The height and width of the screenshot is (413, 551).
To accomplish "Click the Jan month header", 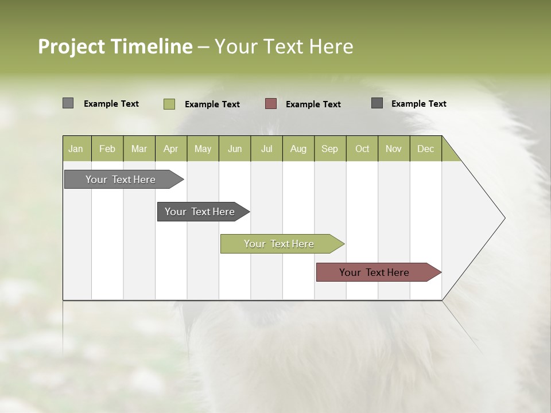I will [76, 149].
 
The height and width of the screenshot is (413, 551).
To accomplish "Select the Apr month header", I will [170, 149].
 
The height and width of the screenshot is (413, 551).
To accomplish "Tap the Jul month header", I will [266, 149].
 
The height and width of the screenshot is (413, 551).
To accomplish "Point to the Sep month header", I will [329, 149].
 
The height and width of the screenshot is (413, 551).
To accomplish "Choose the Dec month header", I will [425, 149].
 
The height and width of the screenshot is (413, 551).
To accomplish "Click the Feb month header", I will [107, 149].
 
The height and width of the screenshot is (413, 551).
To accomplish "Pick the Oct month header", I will [362, 149].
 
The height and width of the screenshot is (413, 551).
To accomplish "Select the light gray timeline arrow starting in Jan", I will [121, 180].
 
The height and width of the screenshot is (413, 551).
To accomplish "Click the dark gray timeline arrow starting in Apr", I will [200, 212].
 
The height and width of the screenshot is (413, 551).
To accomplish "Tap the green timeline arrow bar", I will [279, 244].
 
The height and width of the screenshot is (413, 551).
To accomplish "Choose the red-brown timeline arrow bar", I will [374, 272].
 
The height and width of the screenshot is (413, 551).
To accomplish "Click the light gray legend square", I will [68, 103].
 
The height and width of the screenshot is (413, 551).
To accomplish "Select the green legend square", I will [169, 104].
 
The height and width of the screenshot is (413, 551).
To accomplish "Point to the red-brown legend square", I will [271, 104].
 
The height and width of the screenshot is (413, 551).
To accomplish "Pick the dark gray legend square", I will [377, 103].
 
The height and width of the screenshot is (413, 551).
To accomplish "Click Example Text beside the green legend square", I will [212, 104].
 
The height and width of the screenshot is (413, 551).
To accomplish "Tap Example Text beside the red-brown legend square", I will [313, 104].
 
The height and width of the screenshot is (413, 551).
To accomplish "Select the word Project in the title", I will [72, 46].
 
